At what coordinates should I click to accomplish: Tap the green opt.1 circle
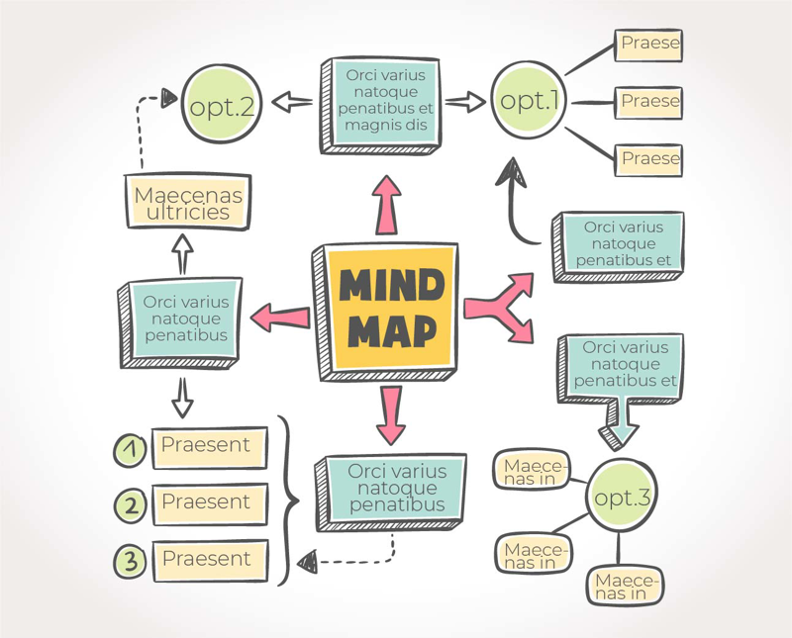(x=529, y=100)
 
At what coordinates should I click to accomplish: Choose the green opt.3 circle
(x=620, y=498)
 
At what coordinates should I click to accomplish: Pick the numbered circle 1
(x=130, y=450)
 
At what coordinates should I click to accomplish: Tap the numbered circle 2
(x=130, y=506)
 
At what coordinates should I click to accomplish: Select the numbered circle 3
(x=130, y=562)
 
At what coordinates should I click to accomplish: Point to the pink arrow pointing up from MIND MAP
(x=387, y=204)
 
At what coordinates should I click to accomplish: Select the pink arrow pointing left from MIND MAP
(x=280, y=318)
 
